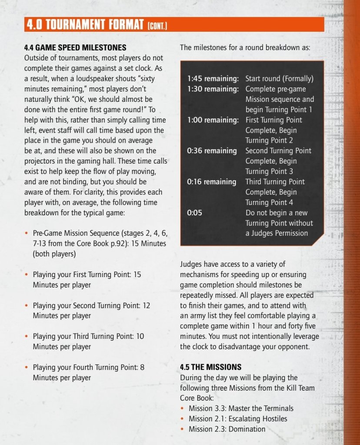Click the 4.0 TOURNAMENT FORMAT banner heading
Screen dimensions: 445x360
pyautogui.click(x=85, y=25)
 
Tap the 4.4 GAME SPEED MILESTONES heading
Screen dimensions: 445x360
pyautogui.click(x=75, y=47)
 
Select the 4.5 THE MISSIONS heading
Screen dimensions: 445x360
pyautogui.click(x=210, y=367)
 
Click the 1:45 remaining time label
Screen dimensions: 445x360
pyautogui.click(x=213, y=79)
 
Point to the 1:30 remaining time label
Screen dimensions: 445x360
pyautogui.click(x=213, y=89)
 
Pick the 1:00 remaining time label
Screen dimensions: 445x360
pyautogui.click(x=213, y=120)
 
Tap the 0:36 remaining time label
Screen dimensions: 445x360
pyautogui.click(x=212, y=151)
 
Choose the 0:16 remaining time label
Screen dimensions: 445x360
pyautogui.click(x=212, y=182)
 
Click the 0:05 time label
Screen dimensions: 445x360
pyautogui.click(x=195, y=213)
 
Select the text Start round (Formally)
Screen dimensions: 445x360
pyautogui.click(x=279, y=79)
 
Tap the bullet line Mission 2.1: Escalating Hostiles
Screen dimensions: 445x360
pyautogui.click(x=238, y=419)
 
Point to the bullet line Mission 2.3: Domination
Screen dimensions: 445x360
pyautogui.click(x=227, y=429)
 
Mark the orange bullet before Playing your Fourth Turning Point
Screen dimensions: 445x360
pyautogui.click(x=27, y=368)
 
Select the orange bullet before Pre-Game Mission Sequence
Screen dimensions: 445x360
pyautogui.click(x=27, y=234)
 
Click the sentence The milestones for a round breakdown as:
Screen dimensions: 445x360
pyautogui.click(x=245, y=47)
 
